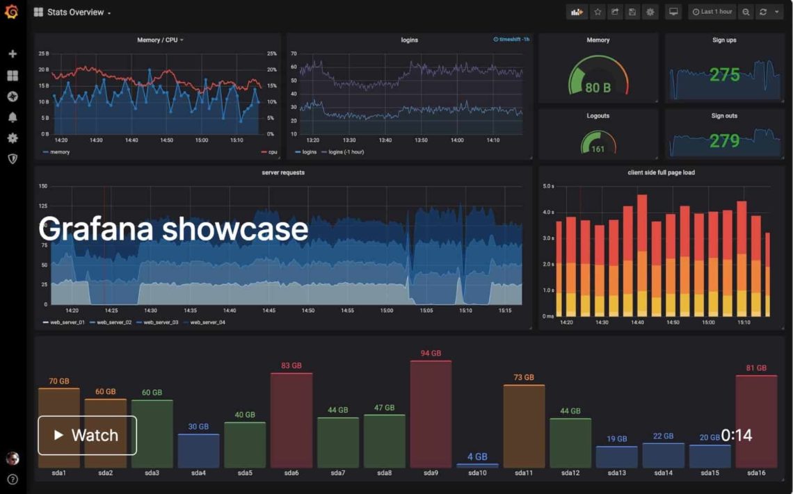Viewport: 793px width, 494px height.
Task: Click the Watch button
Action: coord(87,436)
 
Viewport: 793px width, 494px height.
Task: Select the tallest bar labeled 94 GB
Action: coord(431,413)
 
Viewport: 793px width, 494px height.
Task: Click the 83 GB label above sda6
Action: coord(291,365)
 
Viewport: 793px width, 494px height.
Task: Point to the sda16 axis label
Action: coord(756,473)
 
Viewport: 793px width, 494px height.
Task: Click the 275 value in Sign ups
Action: coord(724,75)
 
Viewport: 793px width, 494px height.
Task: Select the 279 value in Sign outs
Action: coord(724,141)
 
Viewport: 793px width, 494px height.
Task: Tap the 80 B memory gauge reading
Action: coord(598,88)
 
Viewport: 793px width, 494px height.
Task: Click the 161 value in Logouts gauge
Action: coord(598,149)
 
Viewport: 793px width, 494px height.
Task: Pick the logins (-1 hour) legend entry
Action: coord(346,151)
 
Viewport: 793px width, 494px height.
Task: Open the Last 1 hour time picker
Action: coord(712,12)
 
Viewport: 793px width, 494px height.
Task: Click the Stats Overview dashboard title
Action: coord(75,12)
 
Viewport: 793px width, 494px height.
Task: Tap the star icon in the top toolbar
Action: coord(598,12)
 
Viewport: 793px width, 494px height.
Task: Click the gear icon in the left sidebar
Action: coord(12,138)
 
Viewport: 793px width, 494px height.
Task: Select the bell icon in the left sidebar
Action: coord(12,117)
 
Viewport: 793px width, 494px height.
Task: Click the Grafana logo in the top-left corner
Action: coord(11,12)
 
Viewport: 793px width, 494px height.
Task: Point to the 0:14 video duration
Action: coord(736,436)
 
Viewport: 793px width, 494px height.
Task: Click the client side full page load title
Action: coord(661,172)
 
